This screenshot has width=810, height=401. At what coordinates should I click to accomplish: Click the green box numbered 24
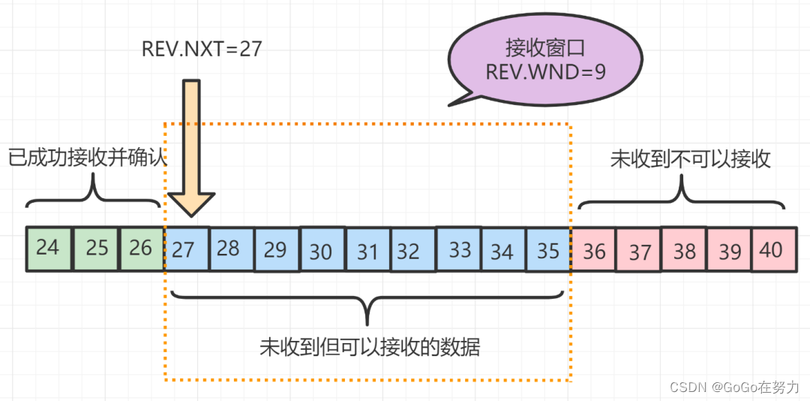[48, 248]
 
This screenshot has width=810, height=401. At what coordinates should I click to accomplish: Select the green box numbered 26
[141, 248]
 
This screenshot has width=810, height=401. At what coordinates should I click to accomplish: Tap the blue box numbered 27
[185, 249]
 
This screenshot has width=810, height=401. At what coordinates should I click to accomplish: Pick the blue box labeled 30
[322, 250]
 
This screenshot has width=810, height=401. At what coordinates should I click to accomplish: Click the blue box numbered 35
[548, 250]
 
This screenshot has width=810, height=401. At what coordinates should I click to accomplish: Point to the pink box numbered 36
[593, 250]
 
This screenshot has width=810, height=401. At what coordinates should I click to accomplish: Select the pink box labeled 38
[684, 250]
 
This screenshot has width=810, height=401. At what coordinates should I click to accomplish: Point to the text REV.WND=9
[545, 73]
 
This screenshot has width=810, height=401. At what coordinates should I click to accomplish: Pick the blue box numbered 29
[276, 250]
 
